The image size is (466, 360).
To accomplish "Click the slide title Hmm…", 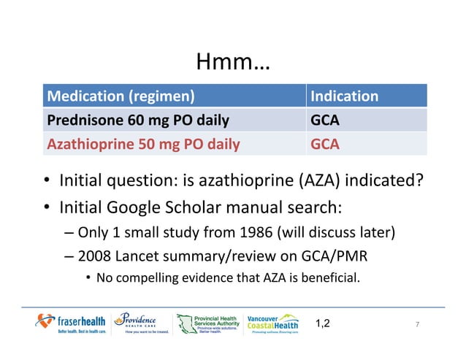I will click(233, 64).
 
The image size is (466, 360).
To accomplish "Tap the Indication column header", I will click(345, 96).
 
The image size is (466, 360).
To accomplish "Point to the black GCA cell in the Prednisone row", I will click(325, 120).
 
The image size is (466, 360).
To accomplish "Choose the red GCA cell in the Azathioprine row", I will click(325, 144).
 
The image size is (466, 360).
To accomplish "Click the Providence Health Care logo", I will click(141, 323).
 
